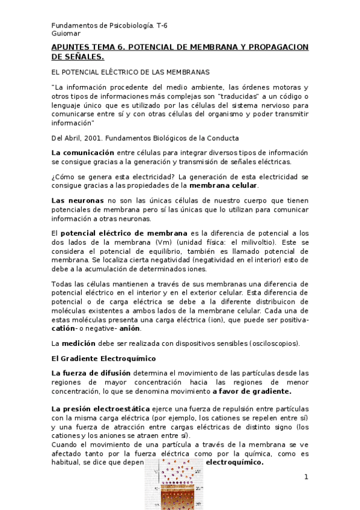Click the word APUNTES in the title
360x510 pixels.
(70, 47)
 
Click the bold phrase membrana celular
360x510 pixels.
(225, 186)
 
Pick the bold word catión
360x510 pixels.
(68, 328)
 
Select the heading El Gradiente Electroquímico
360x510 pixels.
(103, 358)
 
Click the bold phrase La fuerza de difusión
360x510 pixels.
(91, 373)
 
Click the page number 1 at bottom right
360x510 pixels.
(306, 478)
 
